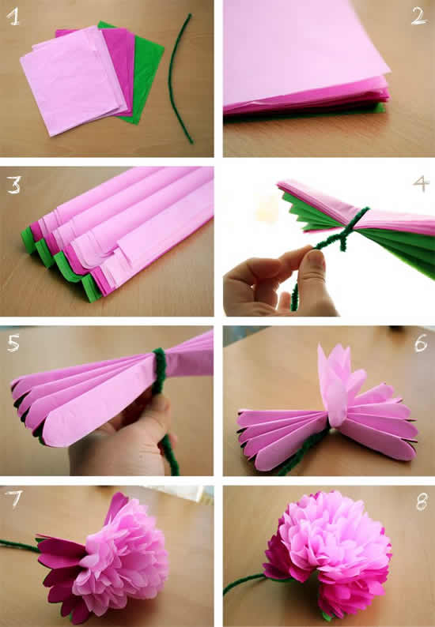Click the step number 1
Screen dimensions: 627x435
[13, 18]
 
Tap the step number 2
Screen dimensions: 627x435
[419, 16]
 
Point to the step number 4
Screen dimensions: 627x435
[420, 183]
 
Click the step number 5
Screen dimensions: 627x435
[14, 343]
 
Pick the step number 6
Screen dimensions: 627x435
[419, 342]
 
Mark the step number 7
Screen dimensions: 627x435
[14, 501]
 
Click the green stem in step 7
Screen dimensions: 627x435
[20, 545]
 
